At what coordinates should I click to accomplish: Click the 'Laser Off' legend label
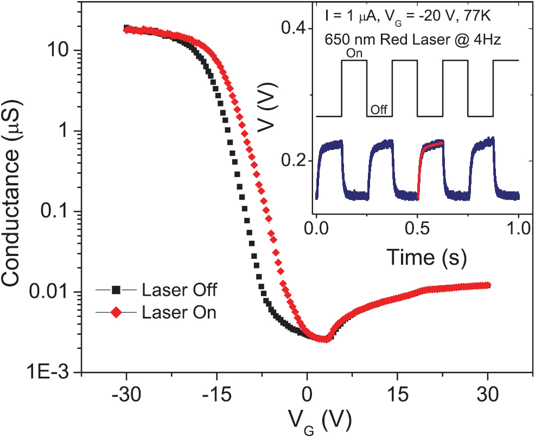(x=180, y=290)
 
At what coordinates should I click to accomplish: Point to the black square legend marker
(x=115, y=290)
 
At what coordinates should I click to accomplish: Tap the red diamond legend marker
(x=115, y=313)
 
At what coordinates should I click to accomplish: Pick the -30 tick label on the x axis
(x=126, y=393)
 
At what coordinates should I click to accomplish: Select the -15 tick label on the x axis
(x=216, y=393)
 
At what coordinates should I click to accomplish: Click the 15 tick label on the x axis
(x=398, y=393)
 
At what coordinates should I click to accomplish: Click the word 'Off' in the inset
(x=378, y=110)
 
